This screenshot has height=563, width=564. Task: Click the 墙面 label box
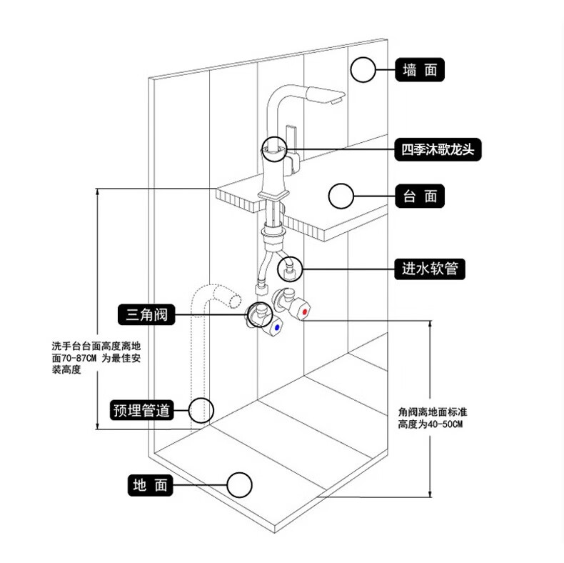tap(421, 70)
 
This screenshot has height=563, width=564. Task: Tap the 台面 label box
tap(421, 195)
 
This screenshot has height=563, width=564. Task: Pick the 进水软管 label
tap(430, 269)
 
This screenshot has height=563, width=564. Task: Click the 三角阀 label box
tap(147, 313)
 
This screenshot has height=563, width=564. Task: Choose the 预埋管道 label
tap(142, 410)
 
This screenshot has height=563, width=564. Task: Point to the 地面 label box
tap(150, 485)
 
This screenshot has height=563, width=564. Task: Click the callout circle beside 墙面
tap(363, 70)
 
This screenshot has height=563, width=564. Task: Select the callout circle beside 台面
tap(341, 196)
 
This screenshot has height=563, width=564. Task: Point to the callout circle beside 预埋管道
tap(201, 410)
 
